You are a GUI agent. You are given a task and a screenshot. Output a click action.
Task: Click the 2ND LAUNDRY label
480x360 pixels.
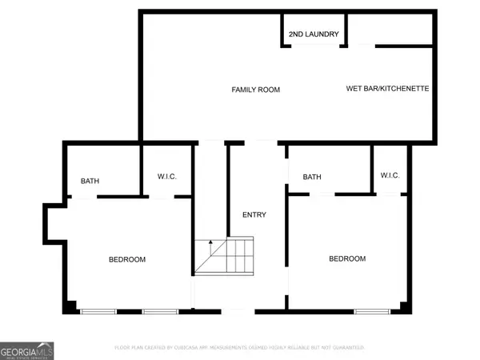click(314, 34)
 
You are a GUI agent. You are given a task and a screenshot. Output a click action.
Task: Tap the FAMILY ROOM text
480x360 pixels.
click(256, 90)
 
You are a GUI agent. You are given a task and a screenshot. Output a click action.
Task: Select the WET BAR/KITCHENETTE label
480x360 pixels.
click(388, 88)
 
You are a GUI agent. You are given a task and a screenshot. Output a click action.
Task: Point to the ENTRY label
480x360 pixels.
click(254, 214)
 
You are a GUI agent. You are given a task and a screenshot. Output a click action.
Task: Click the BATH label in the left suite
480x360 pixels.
click(90, 181)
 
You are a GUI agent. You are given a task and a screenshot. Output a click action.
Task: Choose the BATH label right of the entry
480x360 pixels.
click(311, 177)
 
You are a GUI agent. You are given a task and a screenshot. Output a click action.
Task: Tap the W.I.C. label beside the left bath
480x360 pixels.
click(166, 177)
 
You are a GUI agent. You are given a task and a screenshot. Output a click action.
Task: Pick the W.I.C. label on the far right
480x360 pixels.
click(390, 175)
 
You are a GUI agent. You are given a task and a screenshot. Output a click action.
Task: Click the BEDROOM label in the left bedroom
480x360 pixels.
click(127, 259)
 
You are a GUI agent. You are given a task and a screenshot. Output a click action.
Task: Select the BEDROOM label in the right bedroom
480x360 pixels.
click(347, 258)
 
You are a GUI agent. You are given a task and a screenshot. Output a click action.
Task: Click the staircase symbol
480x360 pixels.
click(224, 255)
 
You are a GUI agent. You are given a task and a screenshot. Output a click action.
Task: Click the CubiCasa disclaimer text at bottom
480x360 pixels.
click(240, 347)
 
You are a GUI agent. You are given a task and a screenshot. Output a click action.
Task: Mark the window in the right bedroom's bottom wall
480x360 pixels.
click(367, 310)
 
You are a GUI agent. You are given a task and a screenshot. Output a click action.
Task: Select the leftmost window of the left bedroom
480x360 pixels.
click(98, 310)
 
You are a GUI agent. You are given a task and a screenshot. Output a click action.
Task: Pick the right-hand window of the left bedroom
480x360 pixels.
click(159, 310)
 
